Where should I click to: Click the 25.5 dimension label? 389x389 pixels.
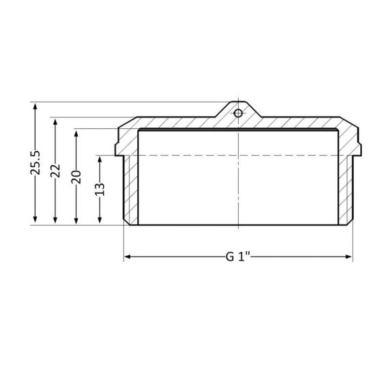coord(35,163)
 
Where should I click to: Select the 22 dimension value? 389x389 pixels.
coord(56,171)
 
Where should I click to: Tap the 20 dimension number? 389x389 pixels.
coord(77,176)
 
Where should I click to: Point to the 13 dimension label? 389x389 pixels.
coord(100,189)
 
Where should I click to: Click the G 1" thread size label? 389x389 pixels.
coord(239,257)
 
